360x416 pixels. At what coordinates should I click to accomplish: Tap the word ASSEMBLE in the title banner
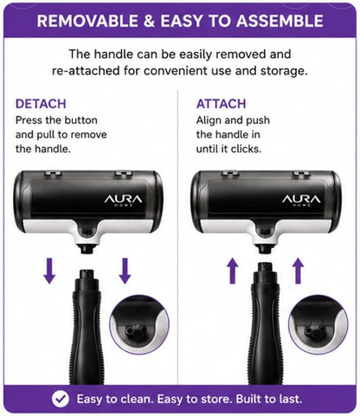point(280,21)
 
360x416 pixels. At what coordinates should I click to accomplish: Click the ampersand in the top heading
point(149,21)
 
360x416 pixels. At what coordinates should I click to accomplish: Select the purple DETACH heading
point(41,104)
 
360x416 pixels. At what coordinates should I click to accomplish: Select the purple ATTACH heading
point(221,104)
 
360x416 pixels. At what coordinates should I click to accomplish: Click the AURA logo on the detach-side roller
point(123,200)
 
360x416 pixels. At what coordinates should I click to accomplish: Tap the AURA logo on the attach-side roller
point(301,200)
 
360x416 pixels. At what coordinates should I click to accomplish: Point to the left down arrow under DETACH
point(49,271)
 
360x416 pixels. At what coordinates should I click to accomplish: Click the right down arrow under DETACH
point(125,271)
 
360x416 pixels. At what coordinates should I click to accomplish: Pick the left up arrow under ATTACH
point(233,271)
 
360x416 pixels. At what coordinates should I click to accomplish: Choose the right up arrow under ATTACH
point(299,271)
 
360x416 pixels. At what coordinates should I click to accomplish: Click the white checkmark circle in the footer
point(61,399)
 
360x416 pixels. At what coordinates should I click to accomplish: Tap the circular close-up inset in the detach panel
point(139,324)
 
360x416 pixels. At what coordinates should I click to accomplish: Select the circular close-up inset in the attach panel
point(318,324)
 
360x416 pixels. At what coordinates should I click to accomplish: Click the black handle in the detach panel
point(87,327)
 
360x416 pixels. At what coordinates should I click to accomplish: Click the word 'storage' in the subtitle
point(284,71)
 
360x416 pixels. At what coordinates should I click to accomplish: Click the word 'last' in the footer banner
point(290,399)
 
